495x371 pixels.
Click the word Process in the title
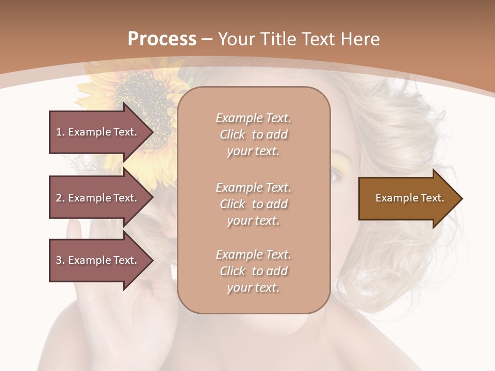tap(162, 39)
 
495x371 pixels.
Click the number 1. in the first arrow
tap(60, 132)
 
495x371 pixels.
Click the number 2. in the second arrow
tap(60, 198)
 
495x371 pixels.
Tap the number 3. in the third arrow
tap(60, 260)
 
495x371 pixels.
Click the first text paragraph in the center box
tap(253, 134)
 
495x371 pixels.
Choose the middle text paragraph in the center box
tap(253, 204)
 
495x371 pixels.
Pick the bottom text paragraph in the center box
tap(253, 271)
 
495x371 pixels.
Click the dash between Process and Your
tap(207, 40)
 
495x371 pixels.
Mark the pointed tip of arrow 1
tap(153, 132)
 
